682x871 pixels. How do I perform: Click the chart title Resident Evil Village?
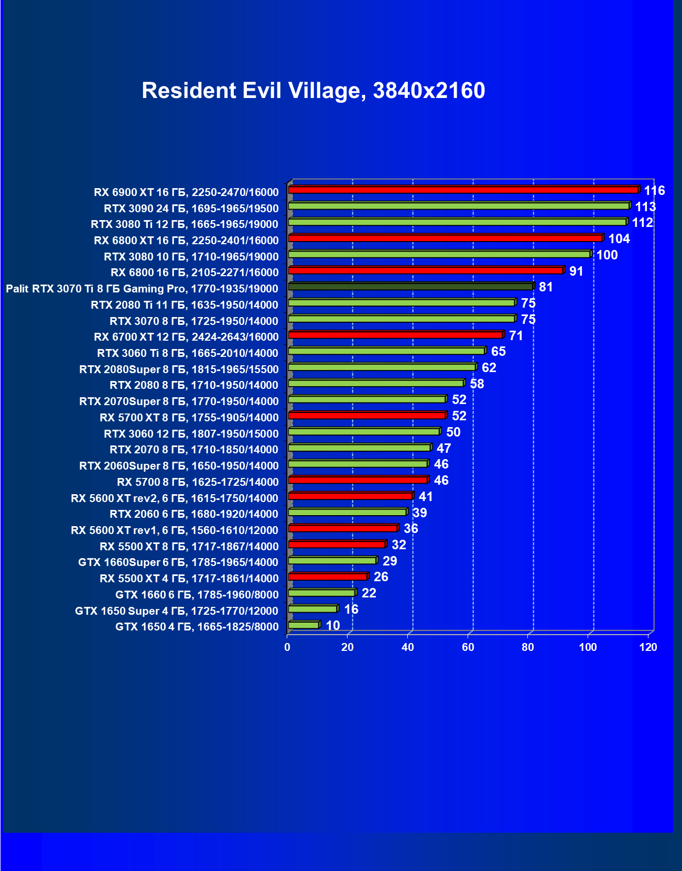click(313, 91)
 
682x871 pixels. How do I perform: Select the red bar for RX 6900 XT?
click(463, 190)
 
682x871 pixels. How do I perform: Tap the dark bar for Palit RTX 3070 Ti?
click(410, 287)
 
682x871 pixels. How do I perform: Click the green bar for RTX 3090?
click(459, 206)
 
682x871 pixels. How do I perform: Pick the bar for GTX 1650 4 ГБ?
click(304, 625)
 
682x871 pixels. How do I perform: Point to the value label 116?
click(654, 191)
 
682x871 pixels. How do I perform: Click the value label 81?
click(546, 287)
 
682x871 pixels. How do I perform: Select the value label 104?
click(619, 239)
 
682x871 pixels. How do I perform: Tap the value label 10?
click(333, 626)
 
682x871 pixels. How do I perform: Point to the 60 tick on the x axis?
click(468, 647)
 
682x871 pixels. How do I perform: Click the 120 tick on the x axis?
click(648, 647)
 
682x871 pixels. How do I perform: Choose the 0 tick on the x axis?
click(287, 647)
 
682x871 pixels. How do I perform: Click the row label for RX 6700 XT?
click(186, 337)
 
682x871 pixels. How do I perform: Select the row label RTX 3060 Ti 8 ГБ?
click(188, 353)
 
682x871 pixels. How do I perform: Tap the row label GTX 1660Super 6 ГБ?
click(178, 562)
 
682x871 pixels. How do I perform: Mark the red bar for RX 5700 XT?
click(367, 416)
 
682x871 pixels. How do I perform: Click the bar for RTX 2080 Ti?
click(402, 303)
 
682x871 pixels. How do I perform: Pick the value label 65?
click(498, 352)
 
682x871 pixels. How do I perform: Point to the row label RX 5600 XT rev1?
click(175, 530)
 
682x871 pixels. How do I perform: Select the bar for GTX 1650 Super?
click(312, 609)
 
